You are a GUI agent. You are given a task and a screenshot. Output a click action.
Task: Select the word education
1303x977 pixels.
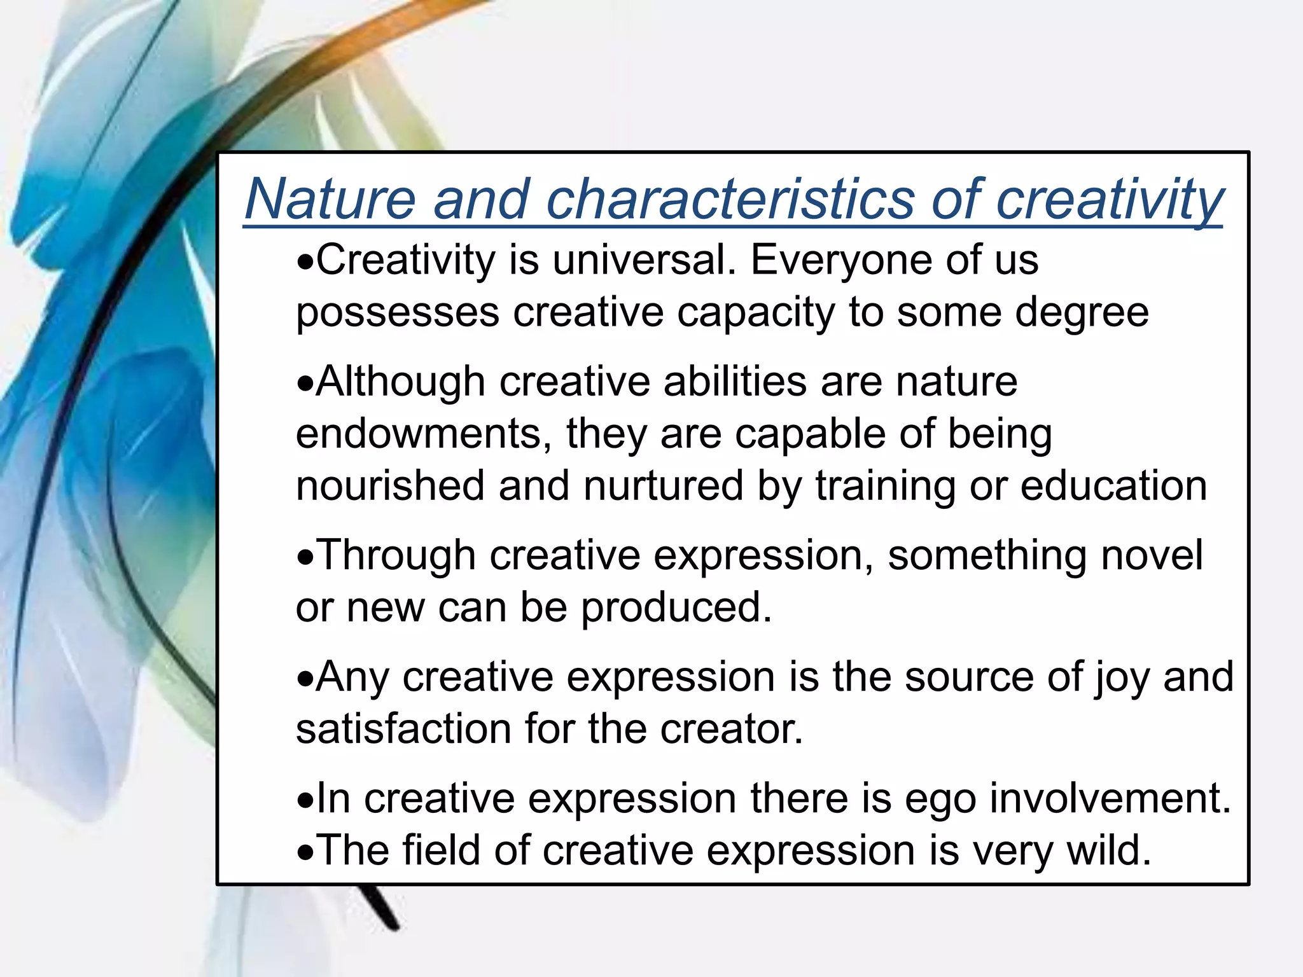[1113, 487]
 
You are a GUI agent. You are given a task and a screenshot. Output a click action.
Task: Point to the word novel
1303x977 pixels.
[1152, 556]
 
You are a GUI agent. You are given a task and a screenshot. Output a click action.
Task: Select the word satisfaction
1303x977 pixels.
[403, 729]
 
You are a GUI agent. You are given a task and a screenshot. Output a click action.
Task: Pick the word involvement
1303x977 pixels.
[1110, 799]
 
